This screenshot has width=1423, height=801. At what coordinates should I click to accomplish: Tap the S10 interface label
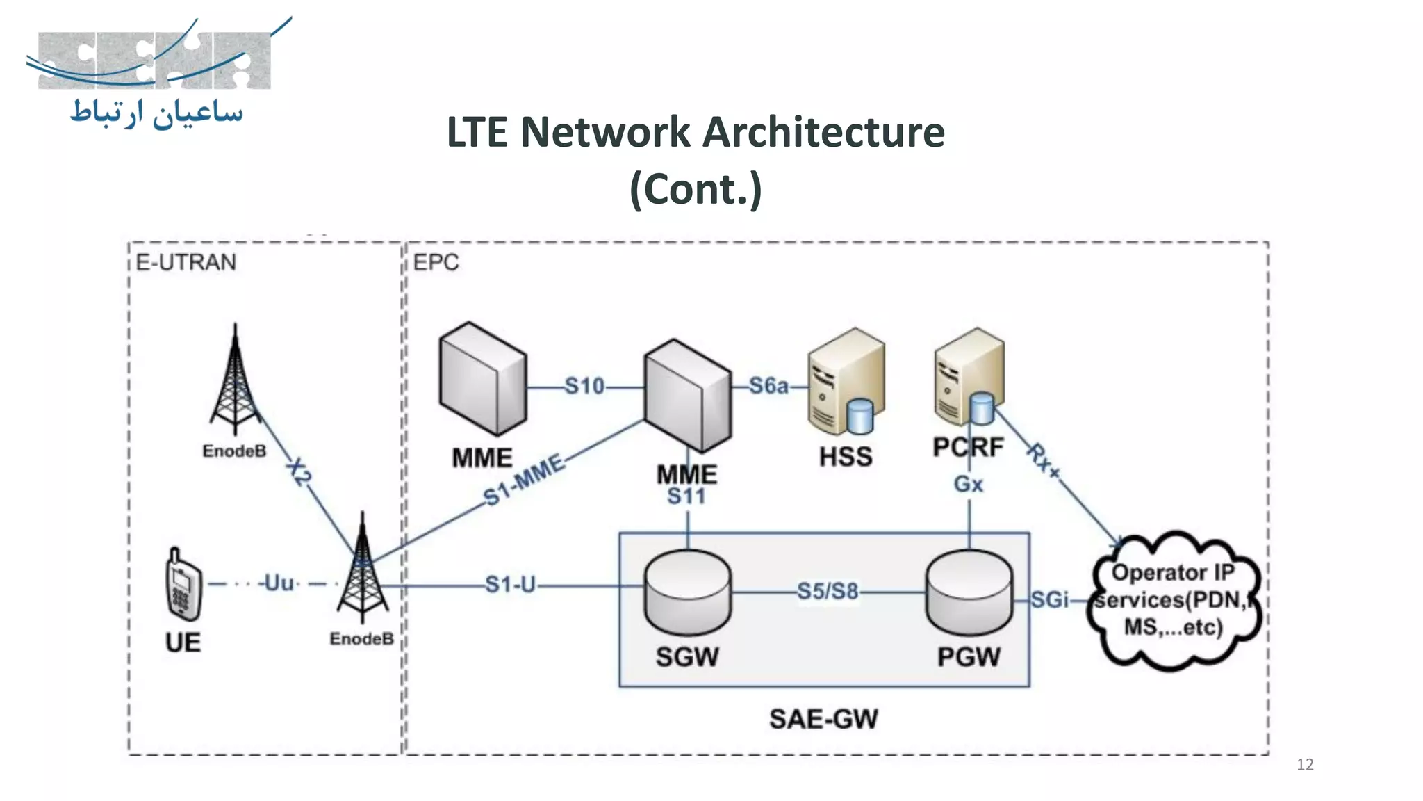pos(584,386)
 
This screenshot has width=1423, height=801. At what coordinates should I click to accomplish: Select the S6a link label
pos(768,386)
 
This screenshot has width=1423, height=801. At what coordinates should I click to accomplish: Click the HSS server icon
pos(846,382)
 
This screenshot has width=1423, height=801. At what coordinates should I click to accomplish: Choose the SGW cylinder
pos(687,592)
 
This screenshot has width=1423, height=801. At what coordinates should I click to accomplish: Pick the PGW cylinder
pos(969,592)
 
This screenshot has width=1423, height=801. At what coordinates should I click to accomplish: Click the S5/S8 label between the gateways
pos(827,592)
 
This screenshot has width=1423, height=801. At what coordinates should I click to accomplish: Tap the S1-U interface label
pos(510,585)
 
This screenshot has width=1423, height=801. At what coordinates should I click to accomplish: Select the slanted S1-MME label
pos(524,480)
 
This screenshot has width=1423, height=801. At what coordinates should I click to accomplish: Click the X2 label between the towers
pos(299,471)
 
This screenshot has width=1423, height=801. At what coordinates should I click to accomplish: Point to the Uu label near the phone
pos(279,583)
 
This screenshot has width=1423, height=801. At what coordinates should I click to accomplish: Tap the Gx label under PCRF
pos(968,484)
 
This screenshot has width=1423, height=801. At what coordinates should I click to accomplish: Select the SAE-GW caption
pos(823,719)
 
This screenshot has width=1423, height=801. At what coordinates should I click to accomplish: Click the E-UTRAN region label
pos(186,262)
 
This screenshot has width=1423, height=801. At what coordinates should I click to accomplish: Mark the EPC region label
pos(436,262)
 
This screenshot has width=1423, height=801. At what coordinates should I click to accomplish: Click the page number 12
pos(1304,765)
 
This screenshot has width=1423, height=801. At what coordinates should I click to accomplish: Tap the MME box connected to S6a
pos(687,397)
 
